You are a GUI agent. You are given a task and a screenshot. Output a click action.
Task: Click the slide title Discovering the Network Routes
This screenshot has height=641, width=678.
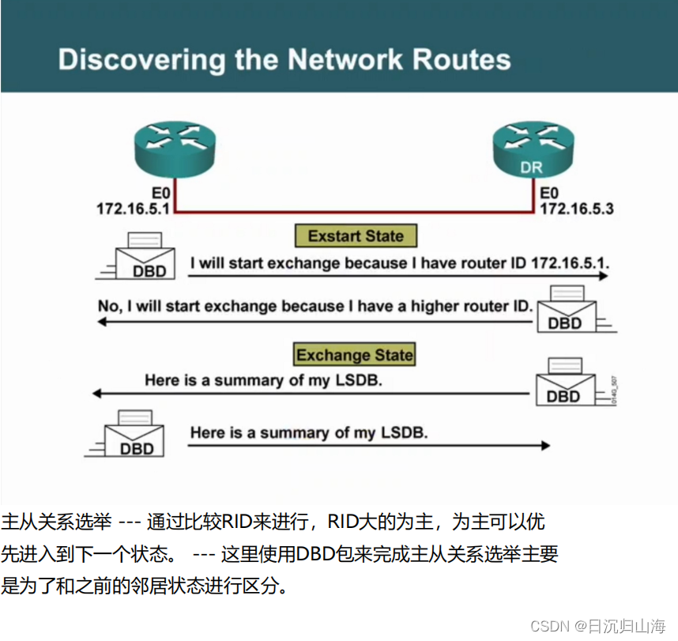[284, 60]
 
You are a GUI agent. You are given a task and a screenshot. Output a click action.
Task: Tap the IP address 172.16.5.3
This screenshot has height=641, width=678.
[577, 209]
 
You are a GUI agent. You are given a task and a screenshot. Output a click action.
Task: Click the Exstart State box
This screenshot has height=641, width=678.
[356, 236]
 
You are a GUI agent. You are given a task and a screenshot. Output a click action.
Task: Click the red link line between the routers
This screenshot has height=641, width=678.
[356, 212]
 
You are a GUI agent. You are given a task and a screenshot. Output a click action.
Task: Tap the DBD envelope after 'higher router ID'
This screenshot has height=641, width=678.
[564, 312]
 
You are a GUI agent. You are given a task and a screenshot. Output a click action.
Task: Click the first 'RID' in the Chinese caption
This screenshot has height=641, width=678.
[236, 522]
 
